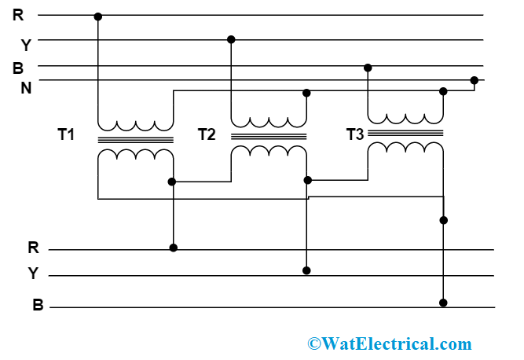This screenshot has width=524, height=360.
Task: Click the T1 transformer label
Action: (66, 134)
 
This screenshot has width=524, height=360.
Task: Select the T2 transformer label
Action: (207, 134)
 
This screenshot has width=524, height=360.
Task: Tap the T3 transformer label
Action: (355, 134)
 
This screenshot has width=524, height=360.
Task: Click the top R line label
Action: (18, 14)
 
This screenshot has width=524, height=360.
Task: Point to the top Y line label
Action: (25, 45)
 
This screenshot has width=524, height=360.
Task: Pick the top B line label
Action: (18, 68)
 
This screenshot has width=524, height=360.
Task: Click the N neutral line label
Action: (26, 87)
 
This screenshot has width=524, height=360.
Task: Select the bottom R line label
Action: (33, 248)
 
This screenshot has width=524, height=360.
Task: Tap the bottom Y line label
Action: (33, 274)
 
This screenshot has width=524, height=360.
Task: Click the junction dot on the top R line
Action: (97, 16)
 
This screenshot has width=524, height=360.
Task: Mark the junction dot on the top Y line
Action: (230, 39)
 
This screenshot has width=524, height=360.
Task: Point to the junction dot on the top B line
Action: (367, 68)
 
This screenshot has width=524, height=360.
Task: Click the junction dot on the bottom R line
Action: (174, 248)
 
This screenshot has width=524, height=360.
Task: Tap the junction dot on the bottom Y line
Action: (306, 270)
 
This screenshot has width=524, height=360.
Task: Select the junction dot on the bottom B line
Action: (443, 303)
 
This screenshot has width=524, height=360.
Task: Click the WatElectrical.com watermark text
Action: (390, 343)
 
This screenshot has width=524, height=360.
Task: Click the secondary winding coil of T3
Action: (405, 149)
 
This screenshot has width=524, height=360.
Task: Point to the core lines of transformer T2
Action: (269, 135)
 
